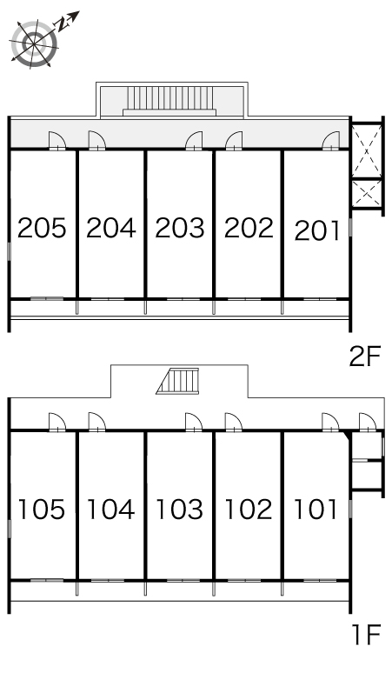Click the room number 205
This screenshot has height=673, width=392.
(x=42, y=228)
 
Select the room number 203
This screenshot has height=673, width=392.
(x=180, y=228)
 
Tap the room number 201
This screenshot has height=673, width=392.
(x=317, y=230)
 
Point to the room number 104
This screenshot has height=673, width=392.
(x=110, y=510)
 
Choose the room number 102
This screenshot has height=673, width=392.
(x=249, y=510)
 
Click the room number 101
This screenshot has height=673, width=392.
(x=316, y=510)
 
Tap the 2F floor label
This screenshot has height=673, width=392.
(x=365, y=356)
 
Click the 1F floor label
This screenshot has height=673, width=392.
(x=366, y=635)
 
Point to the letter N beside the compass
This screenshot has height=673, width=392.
(x=63, y=24)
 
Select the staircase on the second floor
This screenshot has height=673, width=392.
(x=169, y=101)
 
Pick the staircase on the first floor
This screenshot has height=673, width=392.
(x=178, y=381)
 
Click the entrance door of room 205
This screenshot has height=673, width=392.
(x=56, y=141)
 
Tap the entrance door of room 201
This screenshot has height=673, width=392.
(x=331, y=141)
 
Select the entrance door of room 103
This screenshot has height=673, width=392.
(x=194, y=422)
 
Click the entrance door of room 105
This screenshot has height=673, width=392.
(x=56, y=422)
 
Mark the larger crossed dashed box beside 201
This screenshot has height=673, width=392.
(x=366, y=150)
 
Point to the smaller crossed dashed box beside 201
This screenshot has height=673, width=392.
(x=366, y=194)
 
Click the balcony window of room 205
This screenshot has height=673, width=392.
(x=47, y=298)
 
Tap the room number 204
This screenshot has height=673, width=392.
(x=111, y=228)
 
